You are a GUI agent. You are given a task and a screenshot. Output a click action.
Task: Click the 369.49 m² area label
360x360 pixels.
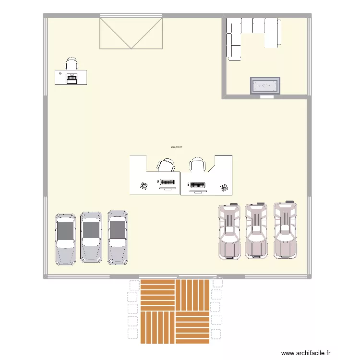(176, 147)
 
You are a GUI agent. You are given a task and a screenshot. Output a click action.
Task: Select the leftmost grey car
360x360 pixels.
(65, 239)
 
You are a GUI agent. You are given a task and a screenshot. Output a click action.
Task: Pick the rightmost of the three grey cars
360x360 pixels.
(118, 237)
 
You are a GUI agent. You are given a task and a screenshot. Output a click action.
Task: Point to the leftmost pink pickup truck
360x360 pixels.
(230, 231)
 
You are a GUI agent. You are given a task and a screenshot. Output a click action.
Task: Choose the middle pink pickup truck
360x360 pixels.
(256, 230)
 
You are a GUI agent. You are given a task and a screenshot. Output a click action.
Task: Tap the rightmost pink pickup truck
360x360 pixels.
(285, 229)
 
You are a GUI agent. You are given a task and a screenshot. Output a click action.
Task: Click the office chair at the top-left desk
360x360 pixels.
(72, 64)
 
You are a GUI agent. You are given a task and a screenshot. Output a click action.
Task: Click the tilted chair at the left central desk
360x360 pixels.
(166, 165)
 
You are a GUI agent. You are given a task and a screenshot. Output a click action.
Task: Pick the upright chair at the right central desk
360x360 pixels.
(197, 165)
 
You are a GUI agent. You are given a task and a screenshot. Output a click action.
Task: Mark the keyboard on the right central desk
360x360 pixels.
(197, 184)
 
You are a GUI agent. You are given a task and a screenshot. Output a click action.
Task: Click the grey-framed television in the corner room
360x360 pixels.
(264, 86)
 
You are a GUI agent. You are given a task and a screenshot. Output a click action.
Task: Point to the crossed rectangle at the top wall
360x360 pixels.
(131, 32)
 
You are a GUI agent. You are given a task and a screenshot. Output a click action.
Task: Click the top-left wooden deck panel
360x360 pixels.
(157, 294)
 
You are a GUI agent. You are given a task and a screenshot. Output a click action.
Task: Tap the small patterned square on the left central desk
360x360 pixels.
(144, 185)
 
